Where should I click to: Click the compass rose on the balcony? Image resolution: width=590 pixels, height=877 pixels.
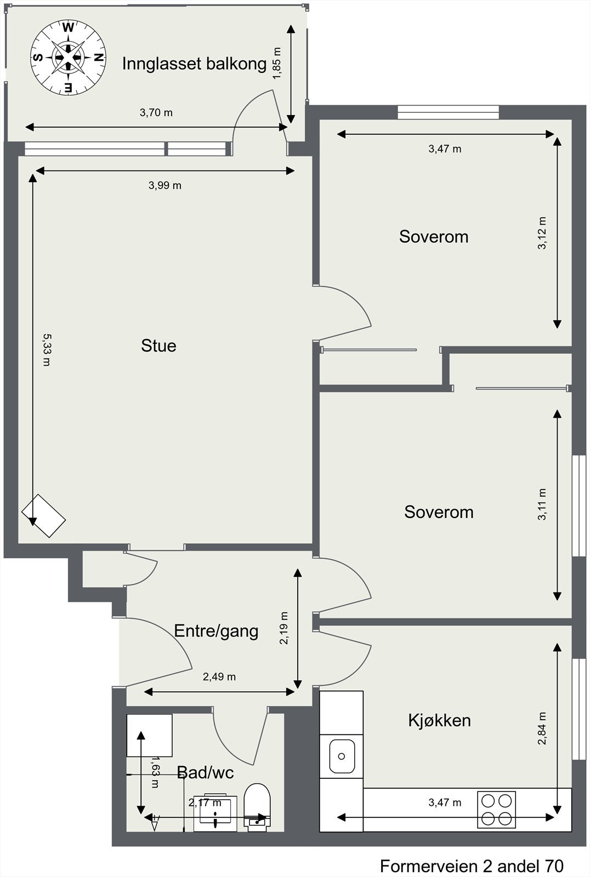pos(67,57)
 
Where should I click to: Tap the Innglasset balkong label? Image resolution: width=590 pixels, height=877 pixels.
pos(194,64)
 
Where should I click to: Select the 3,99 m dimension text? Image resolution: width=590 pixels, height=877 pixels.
pos(164,185)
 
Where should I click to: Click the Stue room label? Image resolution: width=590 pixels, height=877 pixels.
pos(158,345)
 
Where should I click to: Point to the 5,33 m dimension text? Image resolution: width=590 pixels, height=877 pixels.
pos(46,349)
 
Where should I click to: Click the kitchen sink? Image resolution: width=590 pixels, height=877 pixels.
pos(342,756)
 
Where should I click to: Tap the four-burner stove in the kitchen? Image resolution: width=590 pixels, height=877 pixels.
pos(496,809)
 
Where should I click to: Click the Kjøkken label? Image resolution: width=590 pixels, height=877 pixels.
pos(439,720)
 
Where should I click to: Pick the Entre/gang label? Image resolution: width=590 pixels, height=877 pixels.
pos(216,630)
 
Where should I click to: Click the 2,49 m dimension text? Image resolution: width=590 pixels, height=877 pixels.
pos(219,676)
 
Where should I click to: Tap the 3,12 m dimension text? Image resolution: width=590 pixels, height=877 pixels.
pos(542,233)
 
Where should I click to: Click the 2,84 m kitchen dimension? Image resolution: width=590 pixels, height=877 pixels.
pos(542,728)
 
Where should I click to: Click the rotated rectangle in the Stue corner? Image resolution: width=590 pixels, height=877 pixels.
pos(44,516)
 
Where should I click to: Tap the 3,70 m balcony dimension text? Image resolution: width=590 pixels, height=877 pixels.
pos(156,113)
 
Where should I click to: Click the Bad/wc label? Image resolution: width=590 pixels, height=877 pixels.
pos(205,772)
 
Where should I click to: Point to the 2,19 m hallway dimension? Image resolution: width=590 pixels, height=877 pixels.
pos(283,628)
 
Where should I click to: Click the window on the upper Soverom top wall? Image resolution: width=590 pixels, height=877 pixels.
pos(448,112)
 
